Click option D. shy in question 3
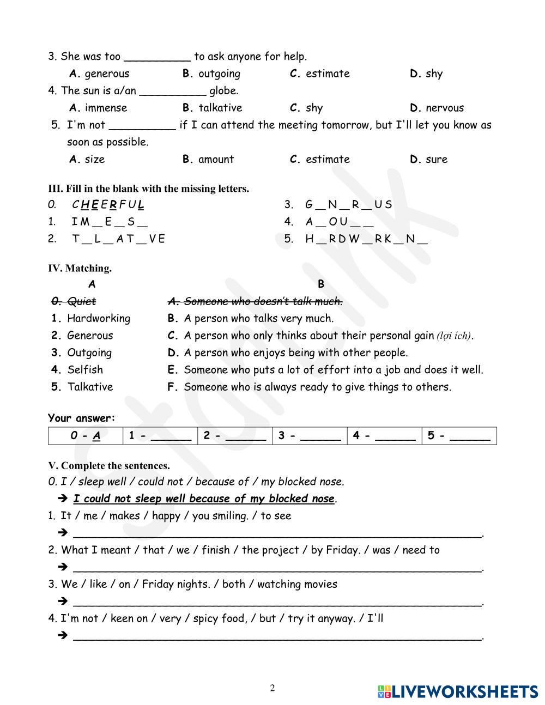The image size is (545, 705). [x=426, y=74]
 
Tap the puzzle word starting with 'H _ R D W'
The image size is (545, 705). [x=366, y=239]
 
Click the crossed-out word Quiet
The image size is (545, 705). [x=81, y=301]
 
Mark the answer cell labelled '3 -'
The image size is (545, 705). [x=310, y=435]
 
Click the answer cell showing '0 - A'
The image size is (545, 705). [x=86, y=435]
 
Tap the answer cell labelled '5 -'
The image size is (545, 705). [x=459, y=435]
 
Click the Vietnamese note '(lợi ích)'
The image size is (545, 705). [x=455, y=336]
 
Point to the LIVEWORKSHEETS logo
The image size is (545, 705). [x=457, y=691]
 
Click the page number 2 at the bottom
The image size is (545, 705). [x=272, y=688]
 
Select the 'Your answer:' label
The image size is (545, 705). [x=82, y=418]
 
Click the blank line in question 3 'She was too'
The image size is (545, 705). [x=158, y=57]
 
